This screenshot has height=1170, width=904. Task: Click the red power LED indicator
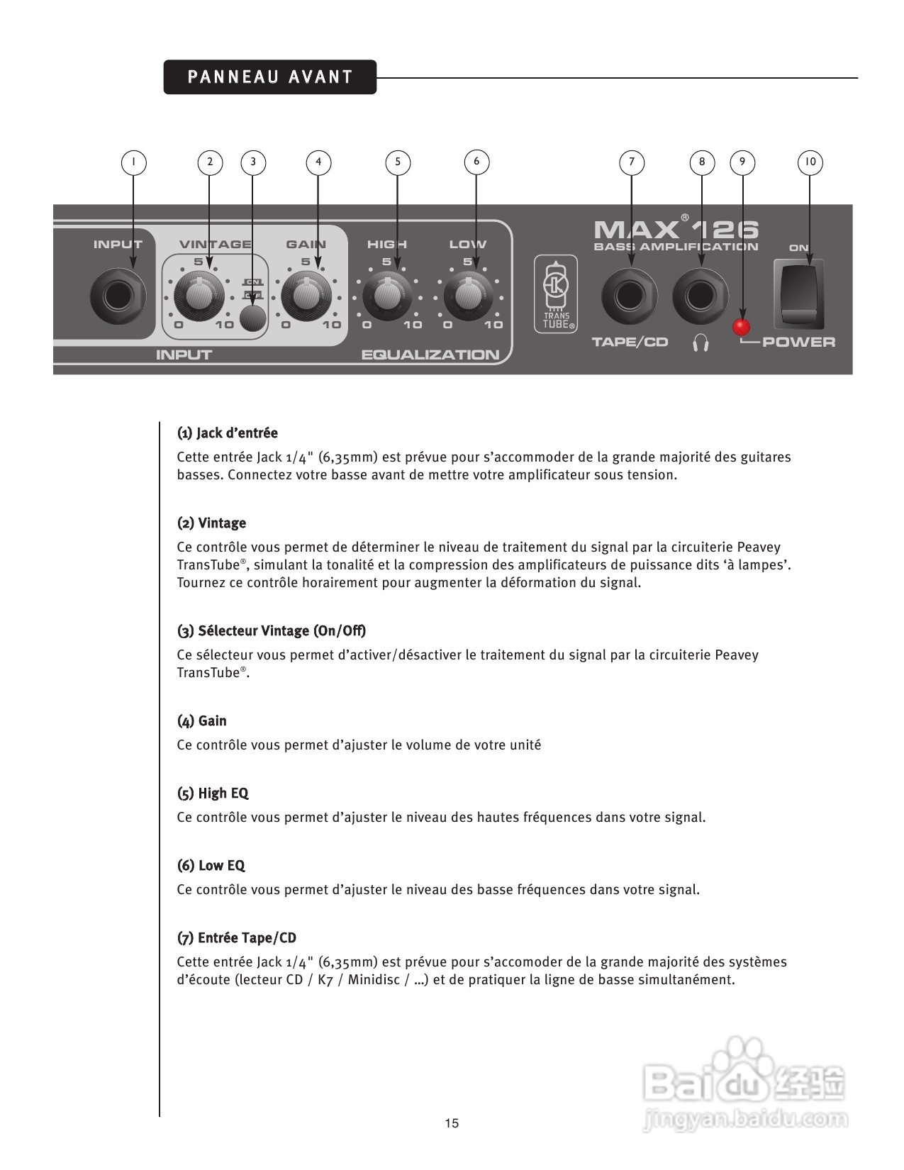(x=742, y=327)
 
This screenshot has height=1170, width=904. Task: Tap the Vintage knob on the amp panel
(x=199, y=296)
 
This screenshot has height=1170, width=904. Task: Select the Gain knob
(x=306, y=296)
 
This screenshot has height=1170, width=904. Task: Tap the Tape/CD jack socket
(x=630, y=296)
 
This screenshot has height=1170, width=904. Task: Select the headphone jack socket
(x=701, y=296)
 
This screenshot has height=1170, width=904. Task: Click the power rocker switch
(x=799, y=294)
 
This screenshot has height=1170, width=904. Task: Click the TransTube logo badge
(x=556, y=294)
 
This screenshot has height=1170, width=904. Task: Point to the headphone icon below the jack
(x=701, y=343)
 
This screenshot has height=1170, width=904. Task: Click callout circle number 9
(x=742, y=162)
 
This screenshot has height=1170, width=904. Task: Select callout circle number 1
(x=133, y=162)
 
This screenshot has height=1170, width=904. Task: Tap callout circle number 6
(x=476, y=162)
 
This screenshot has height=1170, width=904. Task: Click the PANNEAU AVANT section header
(x=270, y=77)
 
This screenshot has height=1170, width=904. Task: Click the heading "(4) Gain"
(x=202, y=721)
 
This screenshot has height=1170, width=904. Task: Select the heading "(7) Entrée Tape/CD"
(x=237, y=938)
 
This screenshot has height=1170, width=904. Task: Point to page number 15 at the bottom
(x=452, y=1123)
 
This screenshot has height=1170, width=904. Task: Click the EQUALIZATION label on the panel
(x=430, y=355)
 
